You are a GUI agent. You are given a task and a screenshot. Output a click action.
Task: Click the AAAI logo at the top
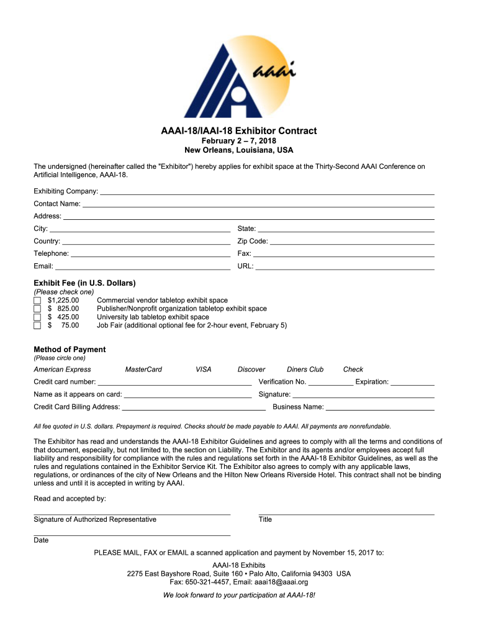(x=239, y=75)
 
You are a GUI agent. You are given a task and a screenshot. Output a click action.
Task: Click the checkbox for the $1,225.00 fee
(x=37, y=301)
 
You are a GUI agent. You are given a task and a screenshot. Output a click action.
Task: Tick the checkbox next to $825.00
(x=37, y=309)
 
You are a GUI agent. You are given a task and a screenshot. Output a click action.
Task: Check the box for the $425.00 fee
(x=37, y=317)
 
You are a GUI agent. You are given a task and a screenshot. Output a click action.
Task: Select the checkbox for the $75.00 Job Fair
(x=37, y=325)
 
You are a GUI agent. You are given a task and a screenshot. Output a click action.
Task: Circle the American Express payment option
(x=62, y=370)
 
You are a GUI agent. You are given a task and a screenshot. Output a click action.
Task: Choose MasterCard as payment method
(x=143, y=370)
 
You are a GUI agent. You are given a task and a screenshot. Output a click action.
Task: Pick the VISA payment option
(x=204, y=370)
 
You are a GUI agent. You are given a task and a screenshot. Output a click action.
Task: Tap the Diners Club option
(x=305, y=370)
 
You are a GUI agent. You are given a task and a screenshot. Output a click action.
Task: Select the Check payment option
(x=353, y=370)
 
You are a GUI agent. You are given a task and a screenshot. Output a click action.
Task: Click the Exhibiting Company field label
(x=66, y=191)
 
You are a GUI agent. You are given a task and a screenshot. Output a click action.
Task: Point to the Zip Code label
(x=253, y=241)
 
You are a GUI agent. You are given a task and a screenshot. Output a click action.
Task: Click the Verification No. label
(x=282, y=382)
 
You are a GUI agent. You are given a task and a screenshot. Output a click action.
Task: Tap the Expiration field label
(x=372, y=382)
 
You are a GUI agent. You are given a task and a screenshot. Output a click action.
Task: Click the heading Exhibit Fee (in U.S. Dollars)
(x=84, y=283)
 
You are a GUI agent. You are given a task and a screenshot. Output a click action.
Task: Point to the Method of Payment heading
(x=70, y=350)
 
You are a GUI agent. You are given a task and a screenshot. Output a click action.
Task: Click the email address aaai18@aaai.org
(x=281, y=583)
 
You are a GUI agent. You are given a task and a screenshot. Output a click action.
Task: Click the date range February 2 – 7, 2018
(x=239, y=142)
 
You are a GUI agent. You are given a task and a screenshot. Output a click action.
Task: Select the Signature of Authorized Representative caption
(x=95, y=520)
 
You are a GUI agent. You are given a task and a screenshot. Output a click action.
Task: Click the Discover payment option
(x=251, y=370)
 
